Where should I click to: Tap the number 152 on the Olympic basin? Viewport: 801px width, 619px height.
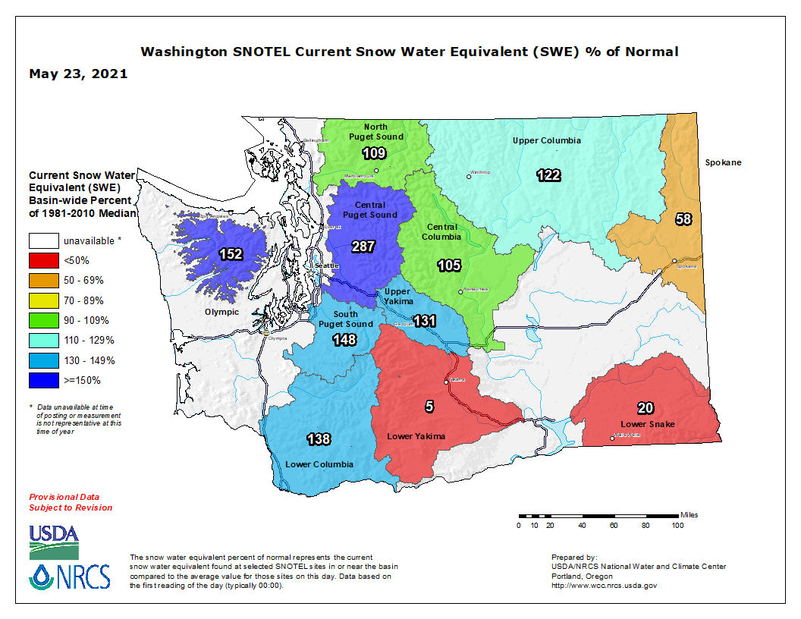[231, 254]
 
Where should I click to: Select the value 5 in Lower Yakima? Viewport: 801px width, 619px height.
[429, 407]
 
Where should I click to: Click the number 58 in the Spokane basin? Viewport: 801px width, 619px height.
[683, 219]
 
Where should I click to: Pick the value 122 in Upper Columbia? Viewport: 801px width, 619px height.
[548, 175]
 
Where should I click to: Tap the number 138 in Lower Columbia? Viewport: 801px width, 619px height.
[319, 438]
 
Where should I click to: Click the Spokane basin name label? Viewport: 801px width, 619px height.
[722, 162]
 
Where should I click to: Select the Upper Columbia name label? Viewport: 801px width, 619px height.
[546, 140]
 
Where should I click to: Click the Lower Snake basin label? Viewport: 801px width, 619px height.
[647, 423]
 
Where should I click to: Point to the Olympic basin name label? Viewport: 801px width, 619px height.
[221, 312]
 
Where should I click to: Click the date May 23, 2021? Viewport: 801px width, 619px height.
[78, 74]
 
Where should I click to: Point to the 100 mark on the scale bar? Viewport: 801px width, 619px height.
[677, 525]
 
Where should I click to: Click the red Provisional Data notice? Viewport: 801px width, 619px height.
[71, 501]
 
